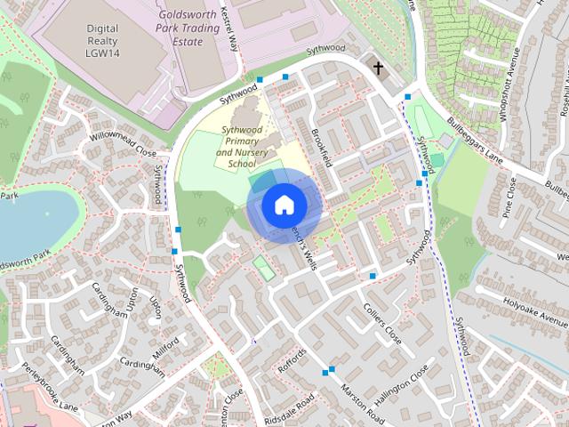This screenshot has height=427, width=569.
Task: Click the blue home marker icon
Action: point(284,205)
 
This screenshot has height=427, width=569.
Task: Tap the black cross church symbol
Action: point(378,68)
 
